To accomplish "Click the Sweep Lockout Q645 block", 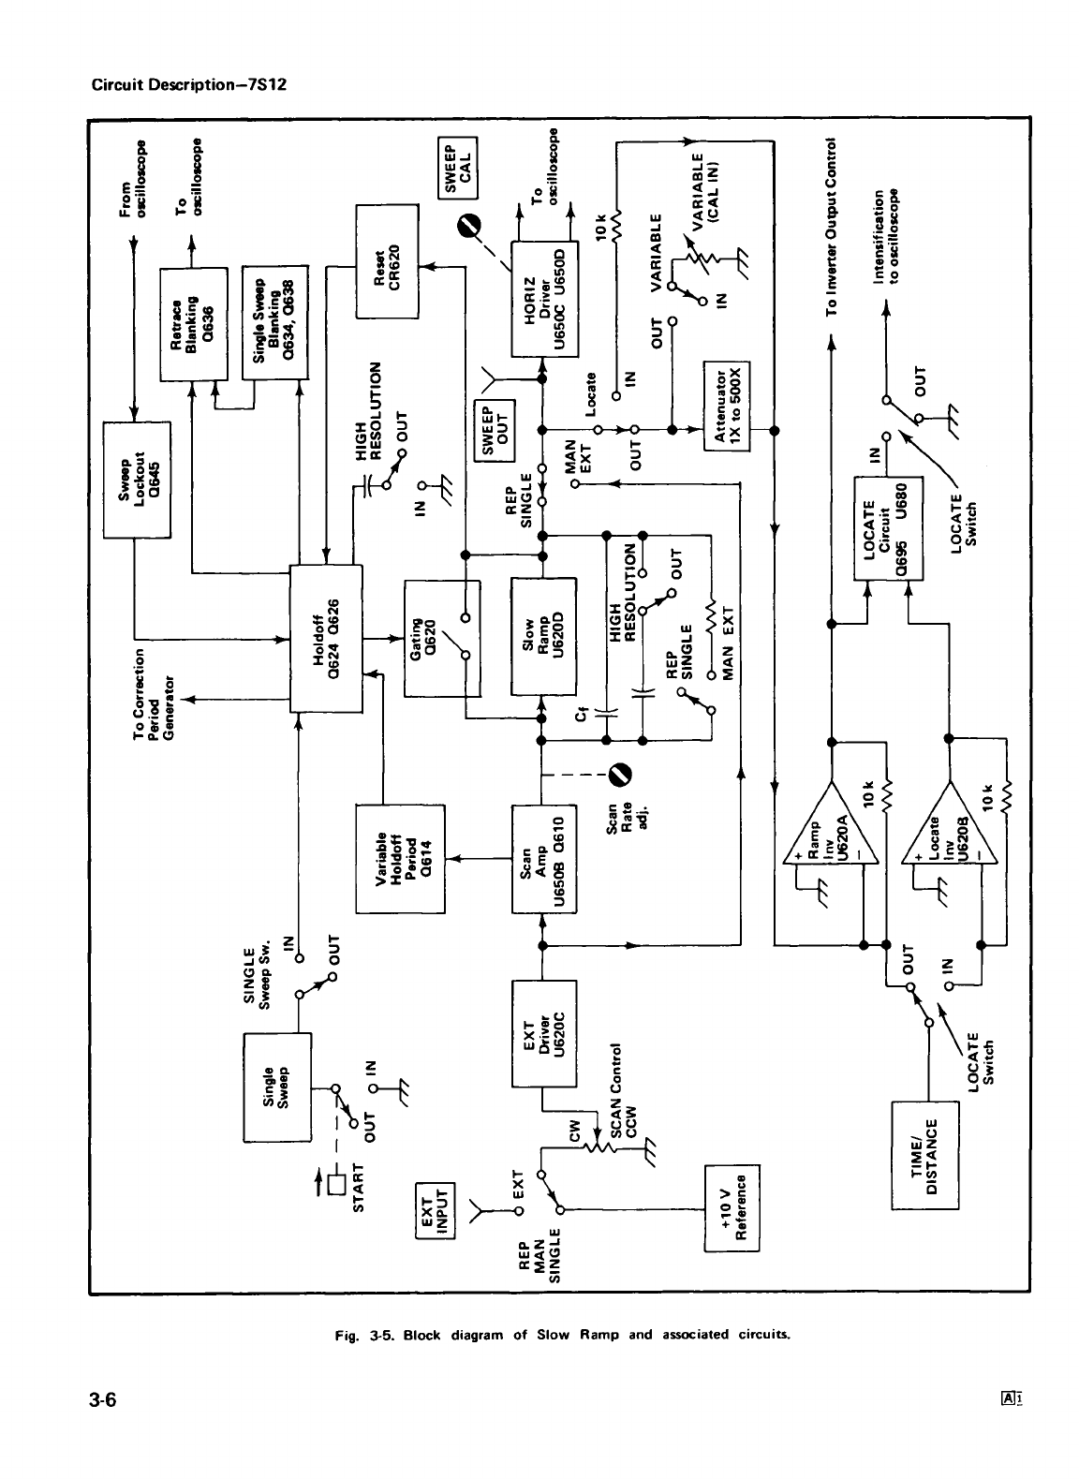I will [136, 480].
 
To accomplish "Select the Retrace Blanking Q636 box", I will [194, 323].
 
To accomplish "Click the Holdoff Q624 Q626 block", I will [326, 638].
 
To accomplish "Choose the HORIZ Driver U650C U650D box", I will [543, 298].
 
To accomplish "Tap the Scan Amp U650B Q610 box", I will [543, 858].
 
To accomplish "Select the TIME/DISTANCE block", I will [926, 1155].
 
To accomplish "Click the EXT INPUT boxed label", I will [435, 1209].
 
